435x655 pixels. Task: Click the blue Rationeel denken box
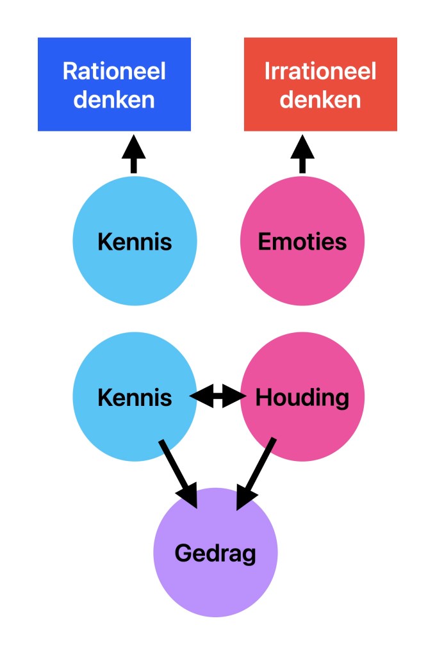click(114, 84)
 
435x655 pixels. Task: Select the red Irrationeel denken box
click(320, 84)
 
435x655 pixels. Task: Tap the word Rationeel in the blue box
click(114, 71)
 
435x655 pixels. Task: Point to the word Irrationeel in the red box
click(320, 71)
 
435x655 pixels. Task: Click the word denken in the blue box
click(114, 100)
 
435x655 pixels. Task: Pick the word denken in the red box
click(320, 100)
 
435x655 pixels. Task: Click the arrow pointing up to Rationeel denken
click(133, 154)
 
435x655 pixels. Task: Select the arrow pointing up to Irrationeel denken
click(302, 154)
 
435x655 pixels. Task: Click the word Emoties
click(302, 242)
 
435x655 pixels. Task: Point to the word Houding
click(302, 398)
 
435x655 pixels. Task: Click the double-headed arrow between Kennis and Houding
click(218, 398)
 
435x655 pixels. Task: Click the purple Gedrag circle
click(215, 583)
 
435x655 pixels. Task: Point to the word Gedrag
click(215, 553)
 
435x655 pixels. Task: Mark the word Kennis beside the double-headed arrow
click(135, 398)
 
